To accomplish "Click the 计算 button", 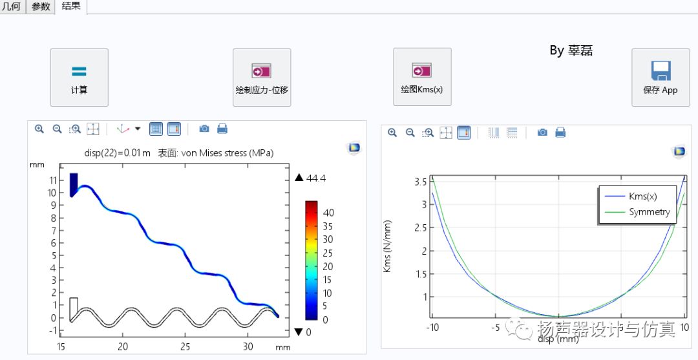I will pyautogui.click(x=79, y=77).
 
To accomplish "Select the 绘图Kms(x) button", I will pyautogui.click(x=421, y=77).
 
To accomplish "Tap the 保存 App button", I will pyautogui.click(x=660, y=77).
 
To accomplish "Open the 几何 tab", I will pyautogui.click(x=12, y=6).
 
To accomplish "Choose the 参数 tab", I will pyautogui.click(x=41, y=6).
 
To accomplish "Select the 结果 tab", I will pyautogui.click(x=71, y=6).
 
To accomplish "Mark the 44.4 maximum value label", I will pyautogui.click(x=315, y=178).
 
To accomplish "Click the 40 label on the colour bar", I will pyautogui.click(x=328, y=213).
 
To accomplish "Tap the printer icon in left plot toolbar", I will pyautogui.click(x=222, y=129).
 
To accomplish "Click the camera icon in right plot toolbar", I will pyautogui.click(x=542, y=132).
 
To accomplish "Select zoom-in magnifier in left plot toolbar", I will pyautogui.click(x=39, y=129).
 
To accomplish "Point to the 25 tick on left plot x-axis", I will pyautogui.click(x=185, y=346).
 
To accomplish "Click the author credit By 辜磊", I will pyautogui.click(x=571, y=50).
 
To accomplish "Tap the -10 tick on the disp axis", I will pyautogui.click(x=432, y=327).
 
